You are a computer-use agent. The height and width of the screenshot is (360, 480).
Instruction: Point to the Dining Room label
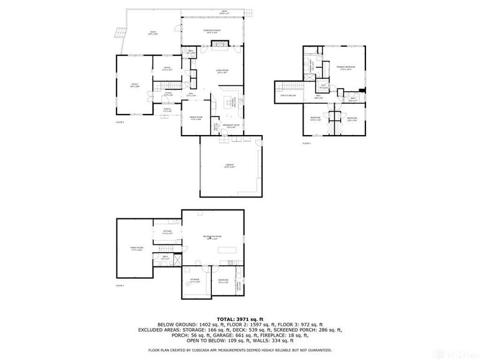(x=196, y=118)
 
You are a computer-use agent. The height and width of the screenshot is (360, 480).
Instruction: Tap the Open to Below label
(x=289, y=95)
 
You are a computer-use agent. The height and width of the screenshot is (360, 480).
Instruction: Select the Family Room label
(x=137, y=248)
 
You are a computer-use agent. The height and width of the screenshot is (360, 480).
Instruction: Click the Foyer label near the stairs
(x=169, y=94)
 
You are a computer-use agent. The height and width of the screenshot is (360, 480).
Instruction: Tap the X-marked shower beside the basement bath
(x=176, y=260)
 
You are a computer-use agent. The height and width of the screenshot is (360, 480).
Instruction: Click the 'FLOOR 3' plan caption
(x=307, y=144)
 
